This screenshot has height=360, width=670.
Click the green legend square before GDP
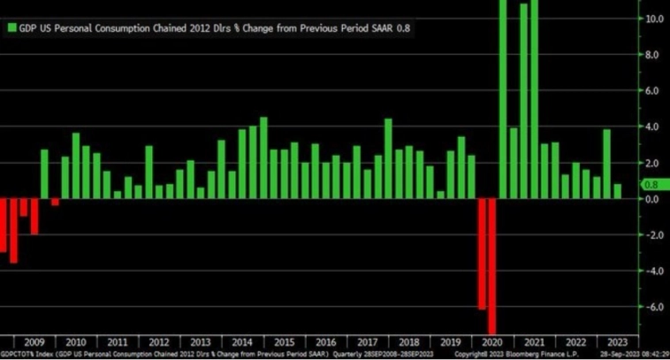(x=11, y=27)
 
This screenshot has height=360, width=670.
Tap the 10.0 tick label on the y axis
(x=651, y=18)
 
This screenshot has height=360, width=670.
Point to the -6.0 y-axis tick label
(x=651, y=307)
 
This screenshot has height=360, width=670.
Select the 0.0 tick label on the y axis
(x=651, y=198)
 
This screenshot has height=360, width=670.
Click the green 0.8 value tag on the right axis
(x=651, y=185)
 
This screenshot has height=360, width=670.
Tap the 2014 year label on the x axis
(x=241, y=341)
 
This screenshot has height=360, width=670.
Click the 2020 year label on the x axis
(x=492, y=341)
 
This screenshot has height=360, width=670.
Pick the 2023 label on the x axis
(x=618, y=341)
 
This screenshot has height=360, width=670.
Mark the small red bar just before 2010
(x=55, y=202)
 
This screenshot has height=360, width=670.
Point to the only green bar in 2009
(x=44, y=173)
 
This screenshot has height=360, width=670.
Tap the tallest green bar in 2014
(x=263, y=157)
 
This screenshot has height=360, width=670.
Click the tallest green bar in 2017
(x=388, y=158)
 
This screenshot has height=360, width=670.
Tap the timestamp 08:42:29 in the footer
(x=651, y=354)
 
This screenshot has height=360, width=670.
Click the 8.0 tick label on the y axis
(x=651, y=54)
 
